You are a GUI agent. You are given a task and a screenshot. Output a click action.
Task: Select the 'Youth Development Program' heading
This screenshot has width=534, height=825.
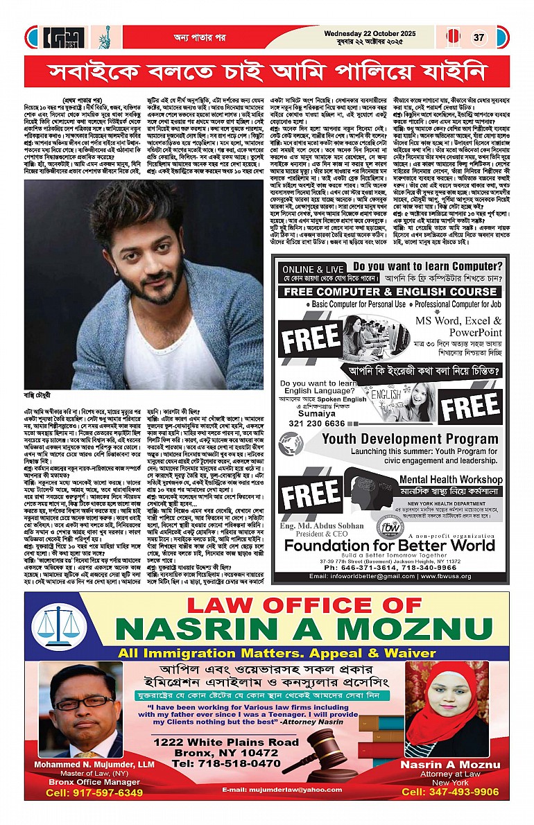[x=400, y=439]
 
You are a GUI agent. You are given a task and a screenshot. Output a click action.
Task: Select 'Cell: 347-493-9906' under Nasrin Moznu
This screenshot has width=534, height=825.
[x=450, y=792]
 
